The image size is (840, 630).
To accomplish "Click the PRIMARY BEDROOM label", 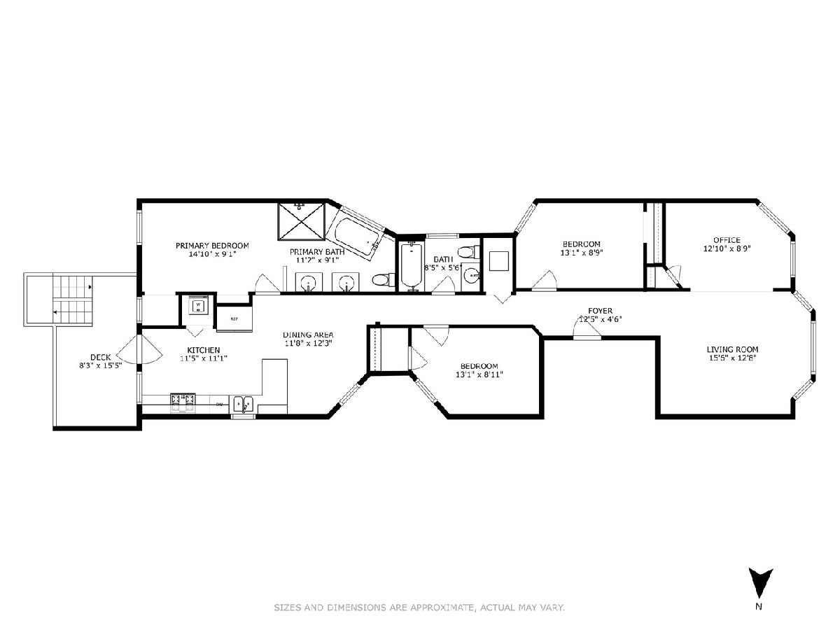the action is coord(212,246).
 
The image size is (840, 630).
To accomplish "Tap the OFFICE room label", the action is coord(727,240).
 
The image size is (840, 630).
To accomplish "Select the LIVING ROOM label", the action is coord(732,349).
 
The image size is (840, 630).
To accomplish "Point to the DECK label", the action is coord(101,357).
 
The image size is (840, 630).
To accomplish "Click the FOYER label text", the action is coord(600,311).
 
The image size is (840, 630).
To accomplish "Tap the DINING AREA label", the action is coord(308,335).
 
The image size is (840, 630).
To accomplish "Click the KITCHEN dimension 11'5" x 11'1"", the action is coord(204,359).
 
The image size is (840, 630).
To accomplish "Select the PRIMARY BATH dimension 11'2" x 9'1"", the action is coord(317,260).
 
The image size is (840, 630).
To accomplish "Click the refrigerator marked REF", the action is coord(234,318).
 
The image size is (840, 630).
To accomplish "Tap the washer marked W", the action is coord(198,305).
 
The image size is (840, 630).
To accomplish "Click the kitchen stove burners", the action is coord(183,403).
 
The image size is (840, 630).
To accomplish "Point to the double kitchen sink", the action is coord(244,405).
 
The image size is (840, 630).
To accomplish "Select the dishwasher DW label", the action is coord(219,405).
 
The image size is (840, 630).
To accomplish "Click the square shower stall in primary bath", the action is coord(301,221).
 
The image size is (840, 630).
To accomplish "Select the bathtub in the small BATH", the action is coord(412,265).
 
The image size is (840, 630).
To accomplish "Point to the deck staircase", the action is coord(73,300).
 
